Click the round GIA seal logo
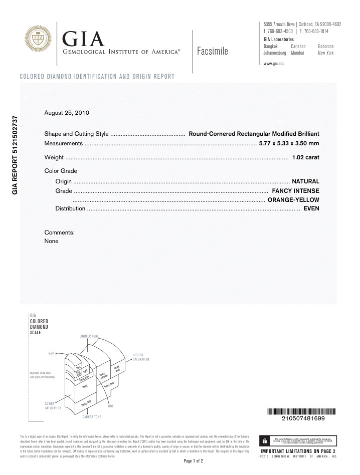point(39,39)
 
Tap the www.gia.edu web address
point(274,64)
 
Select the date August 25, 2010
point(67,113)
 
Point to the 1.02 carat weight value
point(305,157)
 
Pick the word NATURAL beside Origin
point(305,181)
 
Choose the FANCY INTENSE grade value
point(295,191)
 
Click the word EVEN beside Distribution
point(311,208)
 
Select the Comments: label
point(60,232)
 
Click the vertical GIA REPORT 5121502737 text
point(15,155)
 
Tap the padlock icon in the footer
point(263,441)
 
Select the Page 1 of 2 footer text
point(193,460)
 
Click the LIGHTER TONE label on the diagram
point(89,335)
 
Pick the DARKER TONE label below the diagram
point(92,417)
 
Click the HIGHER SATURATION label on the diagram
point(141,357)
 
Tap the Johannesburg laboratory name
point(275,52)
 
